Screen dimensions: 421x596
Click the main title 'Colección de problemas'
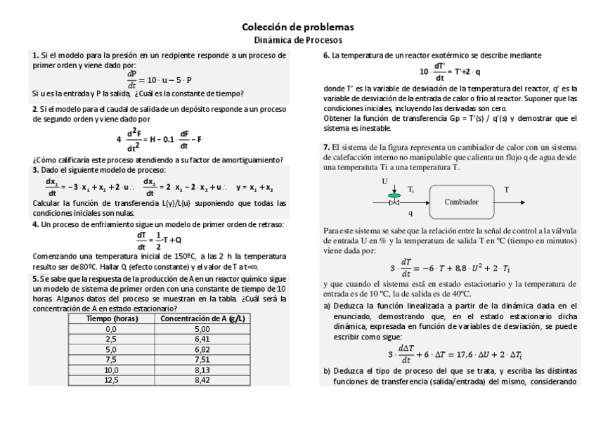[x=297, y=27]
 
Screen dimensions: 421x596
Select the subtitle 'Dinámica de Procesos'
[x=297, y=40]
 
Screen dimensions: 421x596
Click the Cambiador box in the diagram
[x=461, y=201]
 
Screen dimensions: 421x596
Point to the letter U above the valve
[x=385, y=181]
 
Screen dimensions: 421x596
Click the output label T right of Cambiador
[x=507, y=190]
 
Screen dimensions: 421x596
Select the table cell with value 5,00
[x=202, y=328]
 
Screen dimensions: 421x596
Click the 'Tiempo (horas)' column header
[x=110, y=318]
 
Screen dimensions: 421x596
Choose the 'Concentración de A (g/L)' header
[x=202, y=318]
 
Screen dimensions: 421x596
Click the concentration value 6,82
[x=202, y=349]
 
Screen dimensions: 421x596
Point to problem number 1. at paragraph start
[x=36, y=55]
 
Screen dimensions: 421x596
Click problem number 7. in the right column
[x=327, y=147]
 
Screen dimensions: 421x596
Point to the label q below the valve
[x=410, y=211]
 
